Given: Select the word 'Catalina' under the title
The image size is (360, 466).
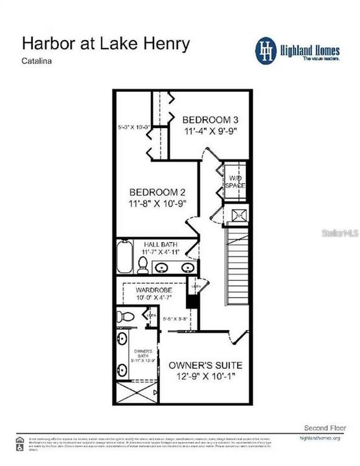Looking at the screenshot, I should click(x=37, y=62).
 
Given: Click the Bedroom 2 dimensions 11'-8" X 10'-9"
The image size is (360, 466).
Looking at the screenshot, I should click(x=158, y=203).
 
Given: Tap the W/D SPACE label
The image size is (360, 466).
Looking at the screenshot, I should click(x=235, y=181).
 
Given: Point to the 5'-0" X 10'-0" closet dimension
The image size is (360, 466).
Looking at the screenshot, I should click(x=134, y=127).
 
